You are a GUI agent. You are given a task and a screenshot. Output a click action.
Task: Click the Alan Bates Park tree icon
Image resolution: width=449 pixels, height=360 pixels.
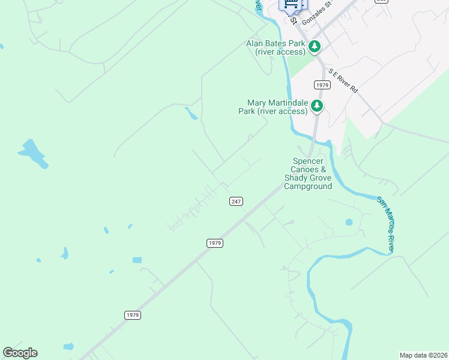[x=314, y=47]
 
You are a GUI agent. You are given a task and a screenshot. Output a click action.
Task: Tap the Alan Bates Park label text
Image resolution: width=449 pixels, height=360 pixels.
[x=276, y=47]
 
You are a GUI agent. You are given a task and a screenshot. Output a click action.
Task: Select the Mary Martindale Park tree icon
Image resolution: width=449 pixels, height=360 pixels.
[x=317, y=106]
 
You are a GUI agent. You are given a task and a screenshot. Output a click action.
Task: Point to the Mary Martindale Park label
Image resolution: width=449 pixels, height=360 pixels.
[x=273, y=107]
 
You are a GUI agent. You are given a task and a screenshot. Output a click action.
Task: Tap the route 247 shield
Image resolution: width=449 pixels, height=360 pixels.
[x=236, y=202]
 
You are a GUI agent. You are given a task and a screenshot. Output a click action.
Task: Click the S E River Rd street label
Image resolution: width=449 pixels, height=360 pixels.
[x=343, y=80]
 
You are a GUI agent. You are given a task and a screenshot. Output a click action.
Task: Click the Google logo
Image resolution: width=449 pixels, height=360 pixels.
[x=20, y=353]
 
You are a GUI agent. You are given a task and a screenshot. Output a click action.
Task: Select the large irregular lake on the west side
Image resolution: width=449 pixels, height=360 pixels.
[x=33, y=153]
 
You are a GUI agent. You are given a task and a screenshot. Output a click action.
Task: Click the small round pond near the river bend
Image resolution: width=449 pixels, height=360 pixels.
[x=349, y=222]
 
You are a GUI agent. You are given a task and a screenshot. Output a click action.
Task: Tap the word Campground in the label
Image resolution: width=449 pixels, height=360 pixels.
[x=308, y=187]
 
